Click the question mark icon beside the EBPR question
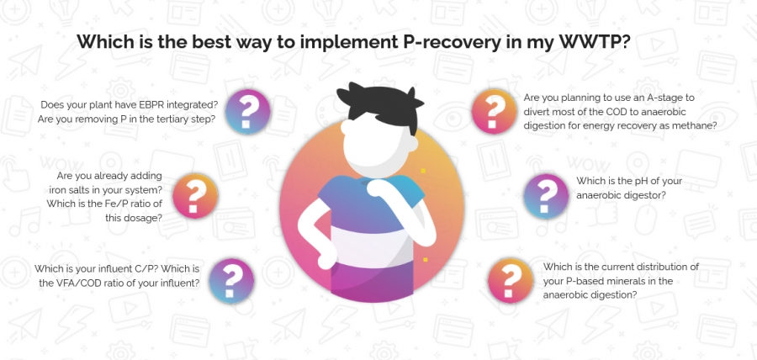[x=247, y=112]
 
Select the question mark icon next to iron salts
[x=195, y=195]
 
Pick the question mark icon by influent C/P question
[x=231, y=281]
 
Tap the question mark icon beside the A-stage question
[x=494, y=111]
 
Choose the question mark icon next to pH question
[x=546, y=196]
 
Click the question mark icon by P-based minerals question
[x=511, y=280]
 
